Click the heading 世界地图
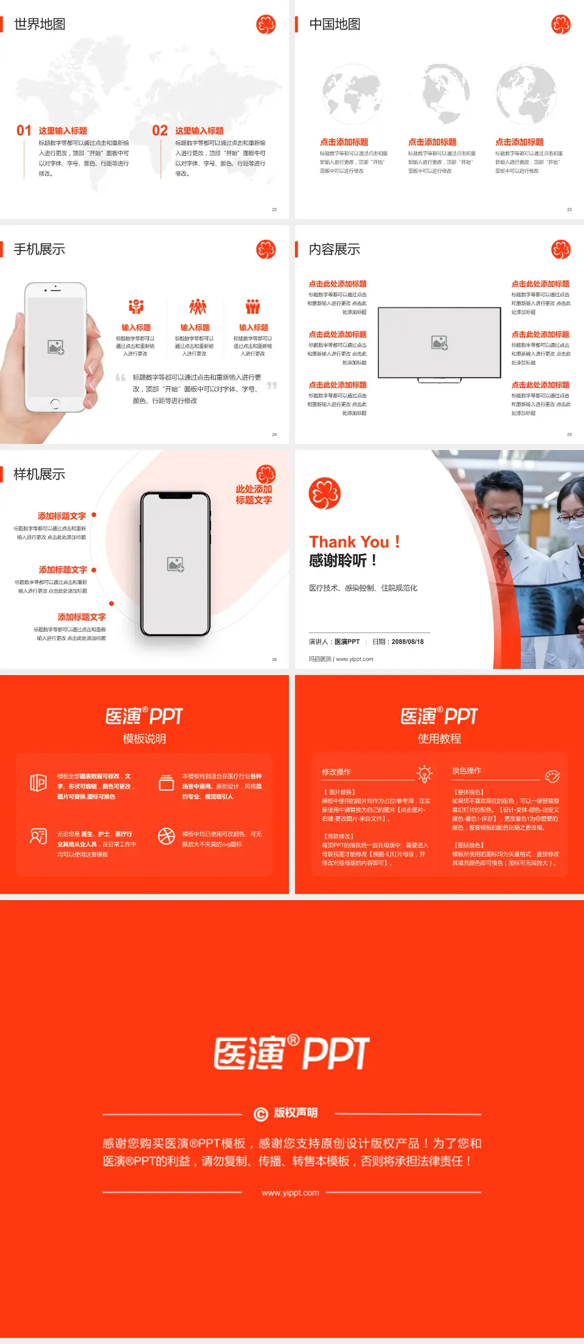click(x=40, y=24)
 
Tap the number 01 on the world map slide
click(x=24, y=131)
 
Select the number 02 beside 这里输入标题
click(x=160, y=131)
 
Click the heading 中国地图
click(x=335, y=24)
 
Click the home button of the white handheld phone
click(x=55, y=403)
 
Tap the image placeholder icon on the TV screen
click(x=440, y=343)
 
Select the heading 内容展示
click(x=335, y=249)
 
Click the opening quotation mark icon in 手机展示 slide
click(x=121, y=378)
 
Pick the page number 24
click(x=274, y=434)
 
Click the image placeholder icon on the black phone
click(x=176, y=564)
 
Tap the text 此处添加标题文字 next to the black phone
click(x=254, y=494)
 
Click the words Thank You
click(x=349, y=542)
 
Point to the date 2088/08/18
click(x=408, y=642)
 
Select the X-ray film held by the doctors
click(x=547, y=608)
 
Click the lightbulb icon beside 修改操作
click(x=425, y=774)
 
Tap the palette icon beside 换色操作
click(x=552, y=776)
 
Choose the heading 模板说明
click(x=144, y=739)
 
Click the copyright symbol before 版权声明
click(x=261, y=1114)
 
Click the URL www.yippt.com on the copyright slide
click(x=290, y=1193)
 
